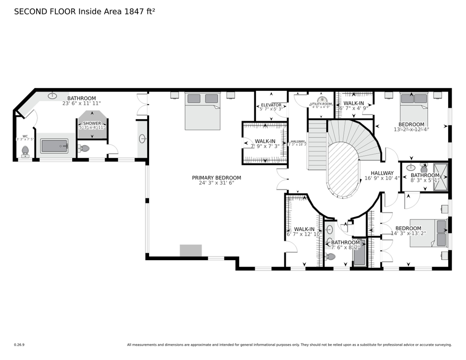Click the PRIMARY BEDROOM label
(x=216, y=178)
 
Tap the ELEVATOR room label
(x=271, y=105)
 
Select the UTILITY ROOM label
(x=321, y=104)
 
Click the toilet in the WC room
(x=25, y=151)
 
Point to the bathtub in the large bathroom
(x=54, y=146)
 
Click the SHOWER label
(x=92, y=123)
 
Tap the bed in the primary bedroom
(x=203, y=111)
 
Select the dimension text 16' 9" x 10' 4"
(x=382, y=178)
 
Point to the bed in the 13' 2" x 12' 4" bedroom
(x=413, y=107)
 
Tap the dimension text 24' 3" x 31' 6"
(x=216, y=183)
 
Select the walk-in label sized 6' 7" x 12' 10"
(x=303, y=229)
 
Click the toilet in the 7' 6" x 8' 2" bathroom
(x=331, y=256)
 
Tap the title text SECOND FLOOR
(x=45, y=11)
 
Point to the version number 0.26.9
(x=19, y=345)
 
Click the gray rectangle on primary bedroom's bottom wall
(x=191, y=250)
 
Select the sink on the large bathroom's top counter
(x=53, y=96)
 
